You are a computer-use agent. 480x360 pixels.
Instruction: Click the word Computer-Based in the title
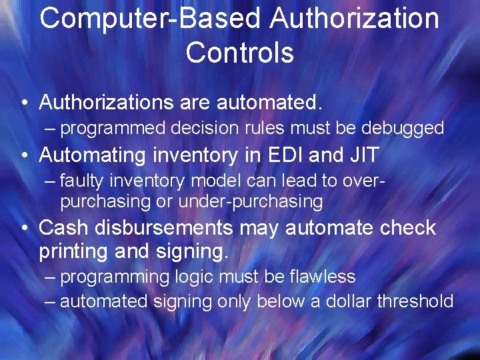(x=149, y=19)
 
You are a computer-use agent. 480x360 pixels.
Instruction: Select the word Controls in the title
(x=240, y=53)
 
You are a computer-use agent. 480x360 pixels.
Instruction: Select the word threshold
(x=415, y=301)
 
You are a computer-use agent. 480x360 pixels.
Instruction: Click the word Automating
(x=92, y=155)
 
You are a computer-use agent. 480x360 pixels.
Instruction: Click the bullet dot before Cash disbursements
(x=24, y=229)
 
